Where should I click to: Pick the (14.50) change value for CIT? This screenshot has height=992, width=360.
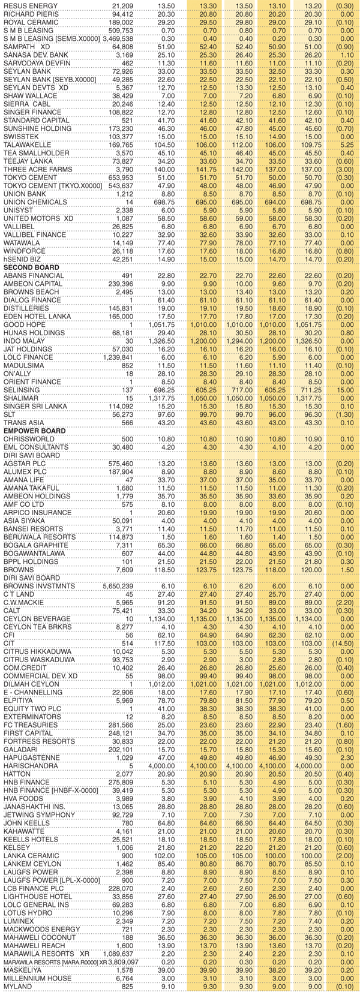pyautogui.click(x=344, y=642)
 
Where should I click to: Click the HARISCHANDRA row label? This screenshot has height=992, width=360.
pyautogui.click(x=29, y=765)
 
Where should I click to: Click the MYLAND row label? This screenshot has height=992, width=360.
pyautogui.click(x=17, y=986)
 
